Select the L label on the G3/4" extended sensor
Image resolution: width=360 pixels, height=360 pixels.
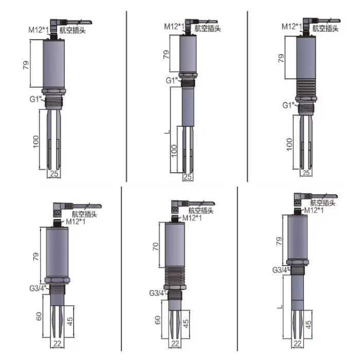[278, 307]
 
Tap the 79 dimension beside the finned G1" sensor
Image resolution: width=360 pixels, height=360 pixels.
[281, 58]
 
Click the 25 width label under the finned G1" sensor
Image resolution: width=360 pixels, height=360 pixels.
[306, 173]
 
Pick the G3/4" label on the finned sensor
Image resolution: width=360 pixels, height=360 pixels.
[157, 293]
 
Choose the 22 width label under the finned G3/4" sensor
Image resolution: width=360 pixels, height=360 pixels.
[175, 344]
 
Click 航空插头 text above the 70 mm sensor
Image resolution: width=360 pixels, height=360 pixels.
[200, 210]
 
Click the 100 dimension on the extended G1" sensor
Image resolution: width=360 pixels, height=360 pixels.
[174, 150]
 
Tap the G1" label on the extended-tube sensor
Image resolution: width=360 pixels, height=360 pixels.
[171, 80]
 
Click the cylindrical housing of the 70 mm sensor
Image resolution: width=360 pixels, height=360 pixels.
[175, 247]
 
